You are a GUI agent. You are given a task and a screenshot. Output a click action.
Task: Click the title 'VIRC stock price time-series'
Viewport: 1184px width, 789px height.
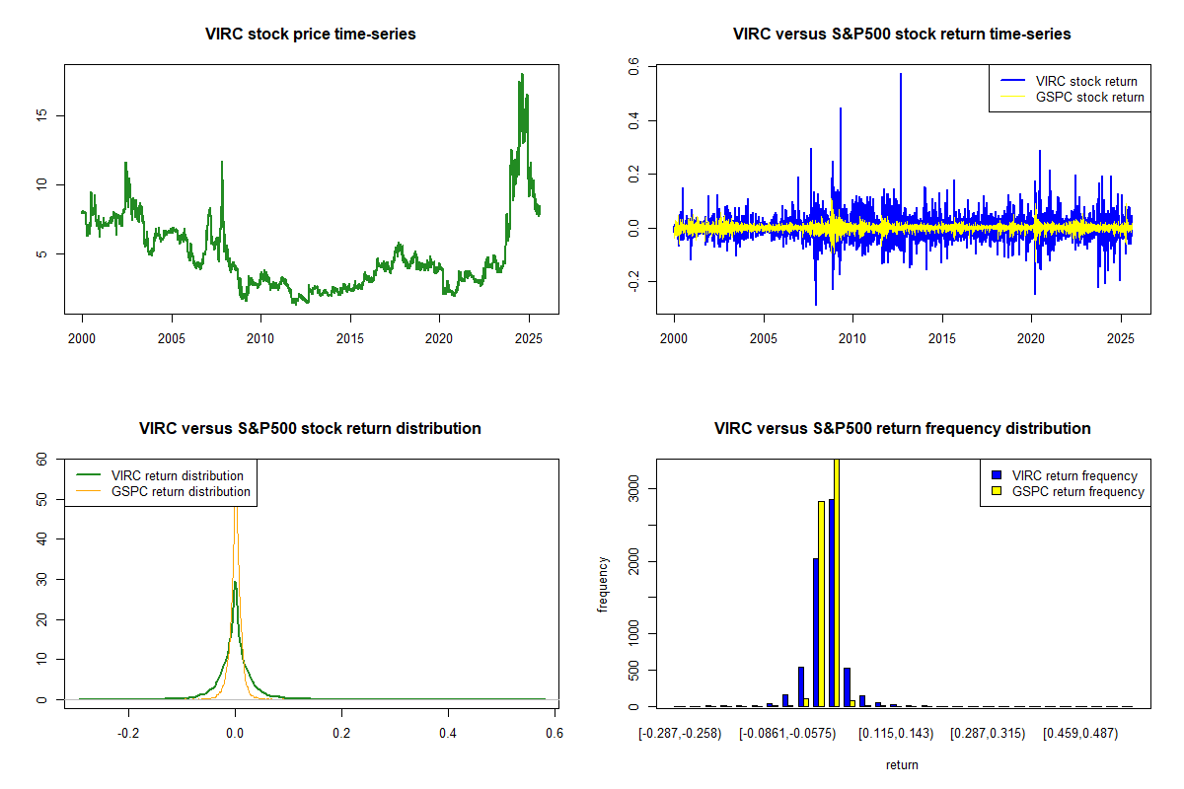(x=311, y=35)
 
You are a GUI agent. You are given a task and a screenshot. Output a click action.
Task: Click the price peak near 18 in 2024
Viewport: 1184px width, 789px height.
(x=521, y=75)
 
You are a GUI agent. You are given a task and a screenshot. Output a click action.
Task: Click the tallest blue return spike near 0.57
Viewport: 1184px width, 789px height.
(x=900, y=75)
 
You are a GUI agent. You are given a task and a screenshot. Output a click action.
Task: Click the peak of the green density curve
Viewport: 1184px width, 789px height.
(x=234, y=582)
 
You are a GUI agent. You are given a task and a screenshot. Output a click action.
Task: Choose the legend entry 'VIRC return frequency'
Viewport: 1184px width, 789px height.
(x=1074, y=475)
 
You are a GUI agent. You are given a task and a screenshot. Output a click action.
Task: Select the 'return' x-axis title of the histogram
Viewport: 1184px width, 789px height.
(x=902, y=764)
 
